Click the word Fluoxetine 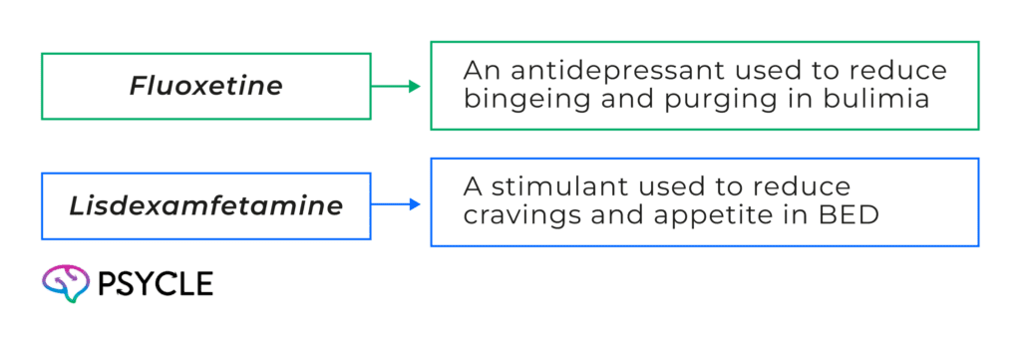[205, 87]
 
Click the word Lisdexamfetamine [205, 206]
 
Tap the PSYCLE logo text [155, 284]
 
